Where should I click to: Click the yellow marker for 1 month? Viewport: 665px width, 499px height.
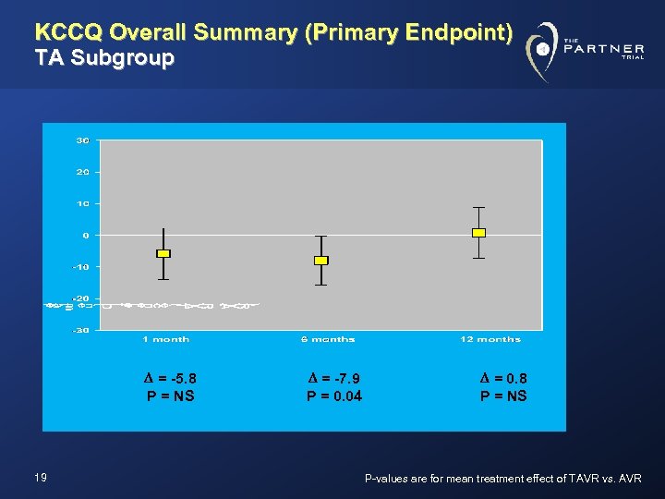tap(163, 253)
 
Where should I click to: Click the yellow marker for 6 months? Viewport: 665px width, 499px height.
tap(320, 261)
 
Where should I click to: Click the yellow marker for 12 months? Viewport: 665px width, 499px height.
tap(478, 233)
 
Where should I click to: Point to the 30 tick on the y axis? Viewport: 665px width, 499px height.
tap(82, 140)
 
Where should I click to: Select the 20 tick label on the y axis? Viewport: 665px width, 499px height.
tap(82, 172)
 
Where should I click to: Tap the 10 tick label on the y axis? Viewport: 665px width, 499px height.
tap(82, 203)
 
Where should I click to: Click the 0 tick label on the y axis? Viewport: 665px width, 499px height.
tap(85, 235)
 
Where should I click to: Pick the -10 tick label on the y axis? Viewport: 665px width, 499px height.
tap(80, 267)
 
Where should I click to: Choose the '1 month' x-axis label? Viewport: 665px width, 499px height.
tap(166, 339)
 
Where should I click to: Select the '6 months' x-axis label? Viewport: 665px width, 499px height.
tap(327, 339)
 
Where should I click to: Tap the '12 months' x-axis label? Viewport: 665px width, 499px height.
tap(490, 339)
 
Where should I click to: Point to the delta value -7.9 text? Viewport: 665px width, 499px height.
tap(333, 377)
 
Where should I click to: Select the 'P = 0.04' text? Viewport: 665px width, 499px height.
tap(333, 396)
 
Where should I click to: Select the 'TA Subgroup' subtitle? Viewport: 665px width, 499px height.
tap(103, 58)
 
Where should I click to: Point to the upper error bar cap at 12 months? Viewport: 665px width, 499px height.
tap(478, 208)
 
